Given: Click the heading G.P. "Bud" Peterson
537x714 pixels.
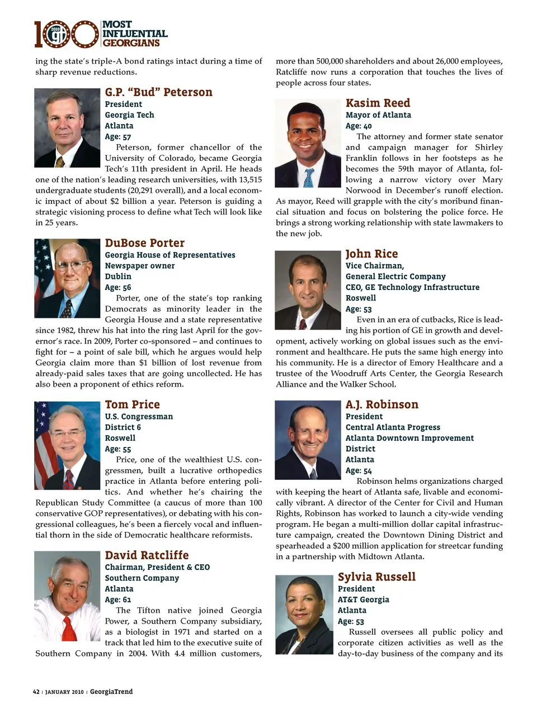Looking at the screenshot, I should [x=159, y=92].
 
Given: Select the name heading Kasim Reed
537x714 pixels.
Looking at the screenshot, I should [x=378, y=103].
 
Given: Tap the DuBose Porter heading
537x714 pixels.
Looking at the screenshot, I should [x=144, y=243].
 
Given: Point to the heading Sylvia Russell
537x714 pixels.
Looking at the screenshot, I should [x=376, y=577].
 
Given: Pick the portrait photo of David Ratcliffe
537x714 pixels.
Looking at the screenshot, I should [x=67, y=596].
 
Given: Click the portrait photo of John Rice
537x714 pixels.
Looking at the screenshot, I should [x=308, y=290].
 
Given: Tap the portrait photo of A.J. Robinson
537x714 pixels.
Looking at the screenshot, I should [x=308, y=440].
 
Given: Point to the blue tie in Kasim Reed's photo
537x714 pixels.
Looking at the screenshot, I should [x=309, y=177].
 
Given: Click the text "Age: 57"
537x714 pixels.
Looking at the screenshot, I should [x=118, y=137].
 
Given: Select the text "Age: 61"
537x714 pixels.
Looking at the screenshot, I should [x=118, y=599].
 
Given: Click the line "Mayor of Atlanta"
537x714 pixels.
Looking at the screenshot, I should [x=378, y=115].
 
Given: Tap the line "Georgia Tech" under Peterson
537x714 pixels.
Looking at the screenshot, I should [x=129, y=115].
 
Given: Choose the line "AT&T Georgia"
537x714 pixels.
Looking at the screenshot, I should [x=363, y=599].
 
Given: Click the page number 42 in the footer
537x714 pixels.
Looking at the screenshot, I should [x=36, y=692].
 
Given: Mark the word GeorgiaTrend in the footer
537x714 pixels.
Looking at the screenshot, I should [x=111, y=692].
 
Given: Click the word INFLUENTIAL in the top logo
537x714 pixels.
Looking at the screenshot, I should [x=135, y=34].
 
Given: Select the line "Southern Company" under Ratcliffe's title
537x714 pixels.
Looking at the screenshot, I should [x=142, y=578].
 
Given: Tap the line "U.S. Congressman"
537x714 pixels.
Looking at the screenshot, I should [x=139, y=417].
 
